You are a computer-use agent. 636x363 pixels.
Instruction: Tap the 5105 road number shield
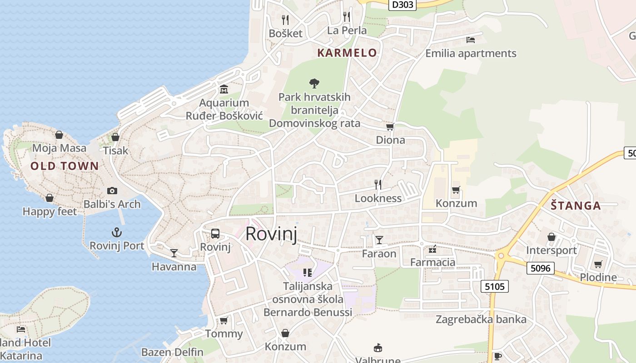tap(494, 286)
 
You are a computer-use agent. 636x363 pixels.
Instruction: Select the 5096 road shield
tap(540, 268)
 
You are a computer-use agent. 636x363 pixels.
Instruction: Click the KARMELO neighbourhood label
tap(347, 53)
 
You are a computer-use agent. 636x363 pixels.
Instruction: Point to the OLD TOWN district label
tap(65, 166)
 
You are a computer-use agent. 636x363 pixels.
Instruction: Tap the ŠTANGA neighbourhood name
tap(576, 206)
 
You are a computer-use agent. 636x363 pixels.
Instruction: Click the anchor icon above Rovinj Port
tap(117, 233)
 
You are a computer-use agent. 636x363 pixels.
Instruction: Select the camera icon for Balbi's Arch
tap(112, 191)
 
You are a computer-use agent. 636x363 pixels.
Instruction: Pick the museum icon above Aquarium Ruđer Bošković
tap(224, 89)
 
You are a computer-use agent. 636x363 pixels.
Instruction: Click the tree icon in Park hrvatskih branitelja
tap(314, 83)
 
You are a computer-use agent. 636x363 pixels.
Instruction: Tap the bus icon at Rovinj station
tap(215, 234)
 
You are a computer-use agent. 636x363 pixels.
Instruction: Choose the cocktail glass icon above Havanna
tap(174, 253)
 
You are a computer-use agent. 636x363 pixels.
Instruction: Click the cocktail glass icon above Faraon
tap(379, 240)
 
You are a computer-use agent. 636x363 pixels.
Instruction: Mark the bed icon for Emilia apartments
tap(471, 40)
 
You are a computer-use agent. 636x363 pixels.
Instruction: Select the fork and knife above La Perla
tap(347, 17)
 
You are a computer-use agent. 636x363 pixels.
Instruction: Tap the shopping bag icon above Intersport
tap(551, 237)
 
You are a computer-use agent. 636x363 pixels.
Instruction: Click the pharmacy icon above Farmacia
tap(432, 249)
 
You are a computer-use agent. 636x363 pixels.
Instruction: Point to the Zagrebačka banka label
tap(481, 319)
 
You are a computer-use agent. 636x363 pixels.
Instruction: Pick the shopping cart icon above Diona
tap(390, 127)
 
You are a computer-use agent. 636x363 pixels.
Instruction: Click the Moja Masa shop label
tap(59, 148)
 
